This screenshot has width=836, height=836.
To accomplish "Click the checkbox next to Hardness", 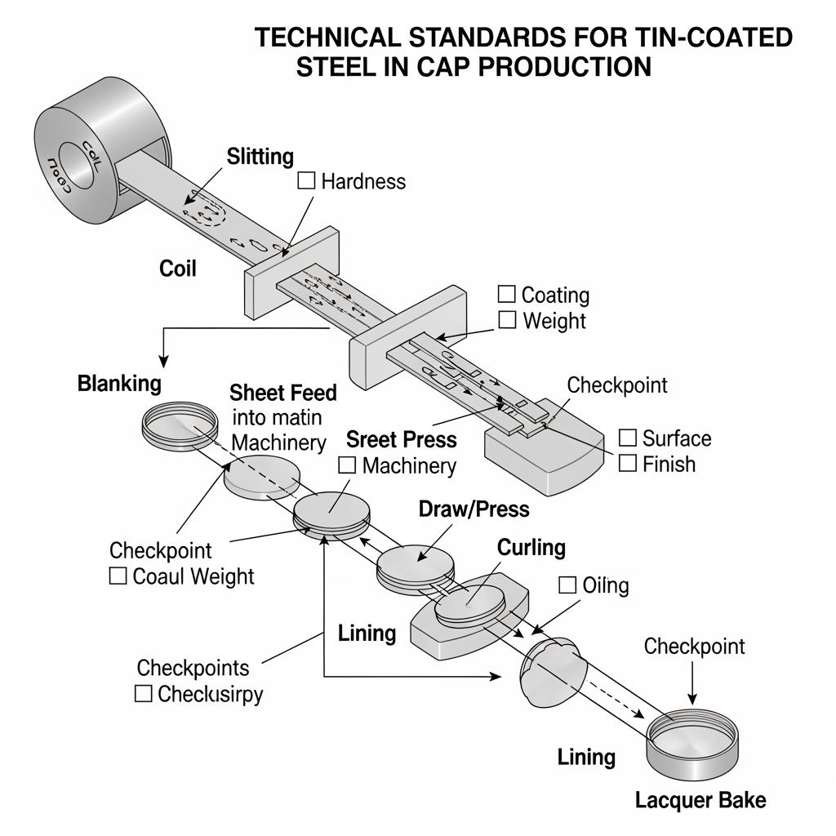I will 306,180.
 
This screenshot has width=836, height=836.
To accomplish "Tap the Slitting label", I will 260,156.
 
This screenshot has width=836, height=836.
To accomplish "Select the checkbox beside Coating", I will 507,294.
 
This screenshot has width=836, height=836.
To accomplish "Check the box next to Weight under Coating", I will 507,320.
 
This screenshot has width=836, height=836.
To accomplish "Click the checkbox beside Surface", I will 628,438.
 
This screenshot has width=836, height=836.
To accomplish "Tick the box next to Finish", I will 628,464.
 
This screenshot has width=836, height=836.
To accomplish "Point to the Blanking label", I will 119,383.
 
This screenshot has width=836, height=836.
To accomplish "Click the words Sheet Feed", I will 283,393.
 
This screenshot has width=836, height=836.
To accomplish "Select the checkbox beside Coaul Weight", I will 118,576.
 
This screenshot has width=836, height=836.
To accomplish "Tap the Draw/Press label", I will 474,509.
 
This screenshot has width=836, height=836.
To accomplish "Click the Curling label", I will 531,547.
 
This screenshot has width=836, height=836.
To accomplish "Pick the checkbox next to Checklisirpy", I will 144,694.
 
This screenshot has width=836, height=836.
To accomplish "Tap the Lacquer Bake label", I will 700,799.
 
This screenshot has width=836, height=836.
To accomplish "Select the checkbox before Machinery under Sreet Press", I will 347,465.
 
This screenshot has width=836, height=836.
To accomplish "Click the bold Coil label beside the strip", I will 178,268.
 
